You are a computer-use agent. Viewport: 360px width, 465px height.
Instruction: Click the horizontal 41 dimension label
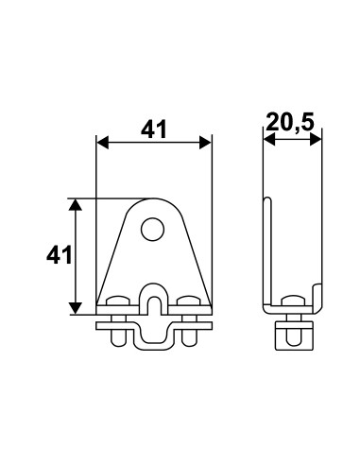coord(153,129)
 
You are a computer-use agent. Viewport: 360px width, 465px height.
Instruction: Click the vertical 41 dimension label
coord(60,255)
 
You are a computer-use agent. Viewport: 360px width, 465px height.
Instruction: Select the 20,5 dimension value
coord(290,122)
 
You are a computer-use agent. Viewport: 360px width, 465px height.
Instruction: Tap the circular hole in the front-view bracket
coord(153,230)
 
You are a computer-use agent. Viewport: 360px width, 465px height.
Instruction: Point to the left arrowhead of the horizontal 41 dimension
coord(102,143)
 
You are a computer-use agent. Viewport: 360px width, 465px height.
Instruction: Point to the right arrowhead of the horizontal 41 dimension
coord(205,143)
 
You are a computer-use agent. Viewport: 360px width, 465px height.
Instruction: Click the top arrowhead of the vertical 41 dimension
coord(76,205)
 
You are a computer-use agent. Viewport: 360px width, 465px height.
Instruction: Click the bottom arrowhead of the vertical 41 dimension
coord(76,308)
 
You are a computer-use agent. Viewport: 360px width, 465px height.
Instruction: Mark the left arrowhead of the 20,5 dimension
coord(269,139)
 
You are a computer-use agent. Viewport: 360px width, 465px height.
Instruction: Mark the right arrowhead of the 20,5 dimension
coord(316,139)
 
